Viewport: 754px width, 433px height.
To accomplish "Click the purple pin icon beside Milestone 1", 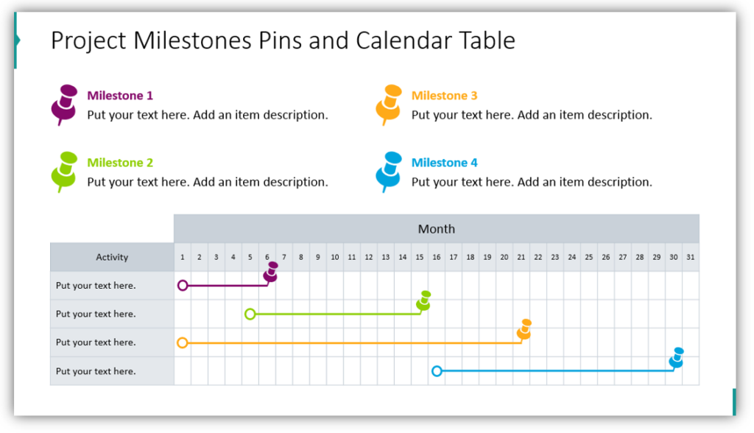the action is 65,105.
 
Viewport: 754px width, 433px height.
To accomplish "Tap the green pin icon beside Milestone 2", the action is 65,172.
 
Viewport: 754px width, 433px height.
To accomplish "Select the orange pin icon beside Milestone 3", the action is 389,105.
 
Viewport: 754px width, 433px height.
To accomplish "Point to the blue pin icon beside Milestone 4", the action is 389,172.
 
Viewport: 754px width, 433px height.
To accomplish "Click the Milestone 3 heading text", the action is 444,96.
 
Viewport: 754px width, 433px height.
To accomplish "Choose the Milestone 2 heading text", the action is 120,163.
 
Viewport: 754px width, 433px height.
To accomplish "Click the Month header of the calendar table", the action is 436,228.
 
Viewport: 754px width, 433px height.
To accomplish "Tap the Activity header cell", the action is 112,257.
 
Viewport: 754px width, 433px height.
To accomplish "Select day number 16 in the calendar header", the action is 437,258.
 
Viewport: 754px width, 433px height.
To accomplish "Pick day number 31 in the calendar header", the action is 691,258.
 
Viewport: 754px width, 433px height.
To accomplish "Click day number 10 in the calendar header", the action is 335,258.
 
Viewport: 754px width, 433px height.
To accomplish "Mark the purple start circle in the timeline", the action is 183,285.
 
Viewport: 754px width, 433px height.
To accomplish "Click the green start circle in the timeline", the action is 250,314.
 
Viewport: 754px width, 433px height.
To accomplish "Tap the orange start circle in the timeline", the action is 183,342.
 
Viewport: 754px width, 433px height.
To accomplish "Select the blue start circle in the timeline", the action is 437,371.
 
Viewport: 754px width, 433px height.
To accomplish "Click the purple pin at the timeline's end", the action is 271,272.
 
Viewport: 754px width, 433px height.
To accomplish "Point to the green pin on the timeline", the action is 423,300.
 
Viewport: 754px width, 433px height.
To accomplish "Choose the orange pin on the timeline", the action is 524,330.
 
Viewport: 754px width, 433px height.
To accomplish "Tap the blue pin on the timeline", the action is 677,358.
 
